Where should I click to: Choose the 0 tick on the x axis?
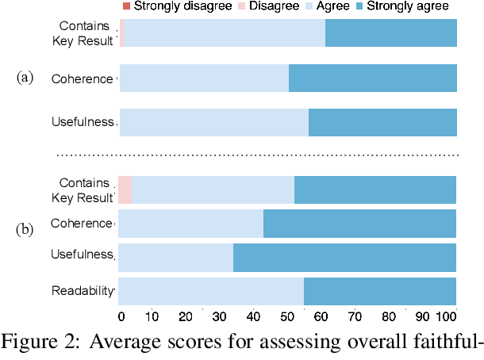121,317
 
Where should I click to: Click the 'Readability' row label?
83,290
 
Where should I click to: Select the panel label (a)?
26,78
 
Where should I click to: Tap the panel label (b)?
26,230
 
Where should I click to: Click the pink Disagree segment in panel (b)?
125,190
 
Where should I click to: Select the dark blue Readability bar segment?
379,291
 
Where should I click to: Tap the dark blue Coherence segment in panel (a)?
372,79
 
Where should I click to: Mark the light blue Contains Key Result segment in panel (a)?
225,33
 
